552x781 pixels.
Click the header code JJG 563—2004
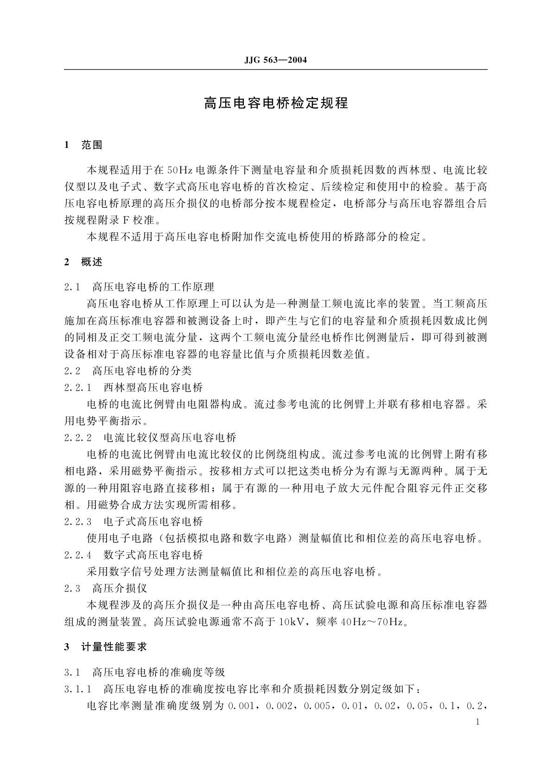276,60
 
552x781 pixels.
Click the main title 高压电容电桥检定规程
276,103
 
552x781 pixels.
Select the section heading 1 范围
83,145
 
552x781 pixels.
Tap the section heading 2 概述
83,262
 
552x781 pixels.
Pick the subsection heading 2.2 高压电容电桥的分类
128,371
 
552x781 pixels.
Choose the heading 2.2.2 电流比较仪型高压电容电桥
150,438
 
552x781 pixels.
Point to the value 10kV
291,622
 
